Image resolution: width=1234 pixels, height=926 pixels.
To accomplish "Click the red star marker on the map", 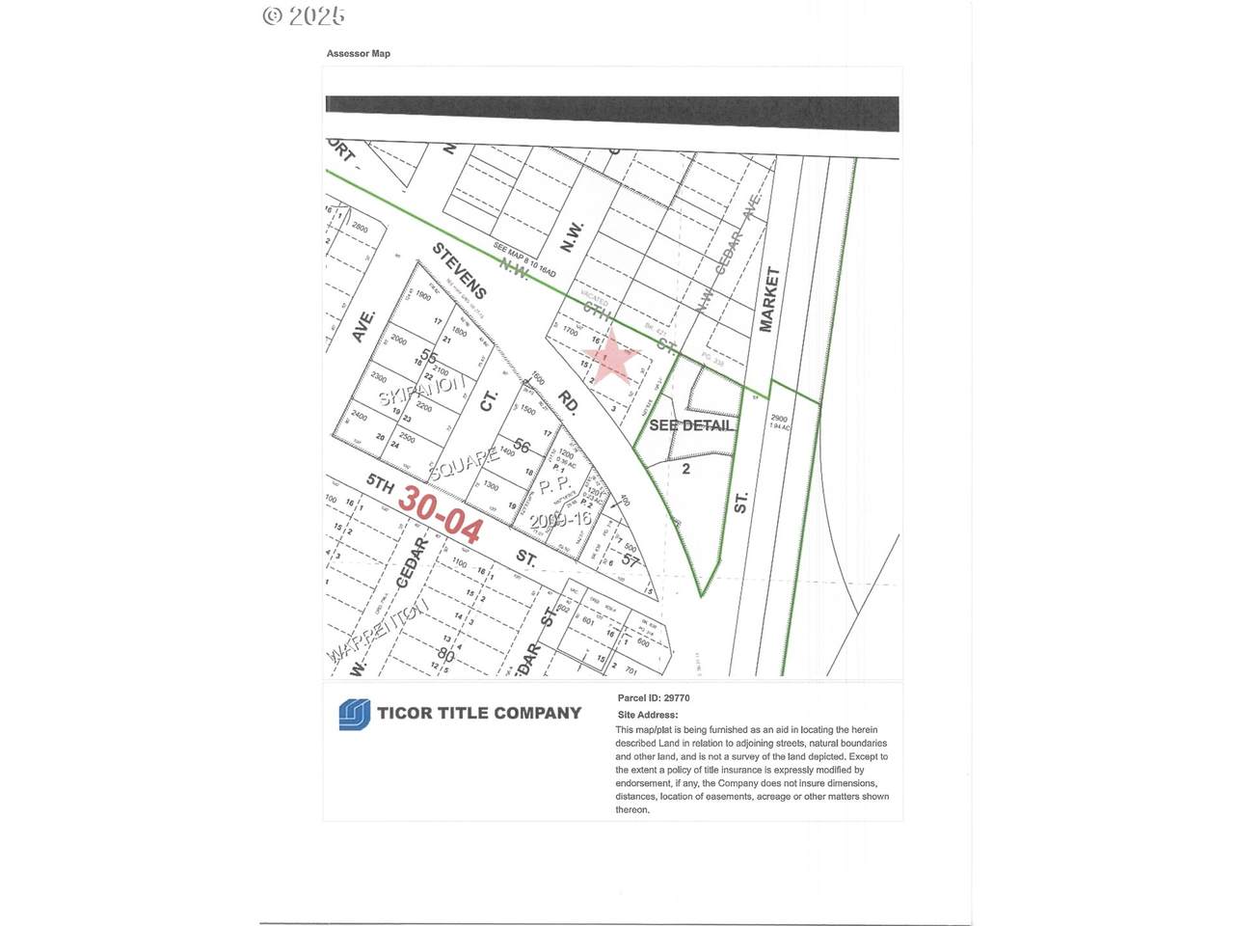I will point(611,361).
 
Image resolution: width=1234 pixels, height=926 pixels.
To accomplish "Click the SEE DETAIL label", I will point(691,425).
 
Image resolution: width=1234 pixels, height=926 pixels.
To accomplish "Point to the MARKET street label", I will point(768,299).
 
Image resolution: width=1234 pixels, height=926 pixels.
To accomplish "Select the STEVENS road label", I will point(459,271).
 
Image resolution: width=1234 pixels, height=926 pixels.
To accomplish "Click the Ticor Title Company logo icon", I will point(354,714).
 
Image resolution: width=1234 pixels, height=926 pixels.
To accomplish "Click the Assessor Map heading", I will point(358,54).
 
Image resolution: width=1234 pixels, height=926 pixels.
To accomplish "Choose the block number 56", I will point(522,445).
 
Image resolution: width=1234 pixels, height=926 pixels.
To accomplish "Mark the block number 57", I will point(630,559).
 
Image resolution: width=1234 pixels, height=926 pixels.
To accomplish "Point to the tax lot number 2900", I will point(778,420).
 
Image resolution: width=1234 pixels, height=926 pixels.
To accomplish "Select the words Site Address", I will point(647,715).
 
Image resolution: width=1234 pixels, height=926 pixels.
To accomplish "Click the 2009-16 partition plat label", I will point(566,518).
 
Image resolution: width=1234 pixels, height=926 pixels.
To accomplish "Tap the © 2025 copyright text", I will point(303,16).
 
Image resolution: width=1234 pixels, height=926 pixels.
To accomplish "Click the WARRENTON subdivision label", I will point(378,632).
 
